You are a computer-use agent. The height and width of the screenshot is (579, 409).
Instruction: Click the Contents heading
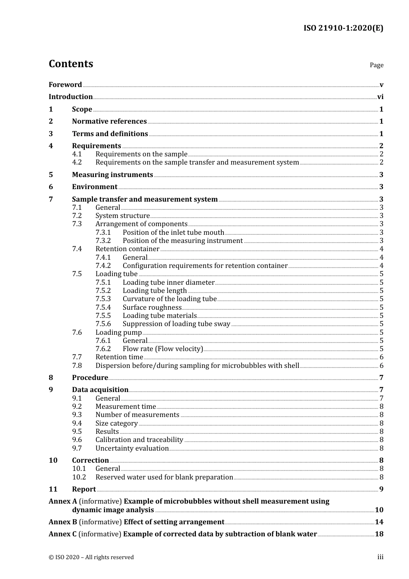tap(71, 64)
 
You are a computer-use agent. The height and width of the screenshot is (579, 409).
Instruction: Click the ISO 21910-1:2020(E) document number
tap(343, 28)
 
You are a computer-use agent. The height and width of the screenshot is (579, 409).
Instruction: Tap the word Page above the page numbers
tap(376, 65)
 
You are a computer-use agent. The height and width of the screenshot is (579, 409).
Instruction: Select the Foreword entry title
tap(65, 85)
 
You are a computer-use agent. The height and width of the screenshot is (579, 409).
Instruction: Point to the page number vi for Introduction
tap(380, 97)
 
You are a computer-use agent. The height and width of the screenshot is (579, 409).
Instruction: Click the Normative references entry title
tap(109, 121)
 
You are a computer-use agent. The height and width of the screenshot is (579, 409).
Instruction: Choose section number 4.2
tap(77, 162)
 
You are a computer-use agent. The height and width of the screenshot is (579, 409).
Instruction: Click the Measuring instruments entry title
tap(112, 175)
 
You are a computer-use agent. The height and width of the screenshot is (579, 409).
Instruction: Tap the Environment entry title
tap(95, 187)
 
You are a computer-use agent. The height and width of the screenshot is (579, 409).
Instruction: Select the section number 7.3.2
tap(103, 241)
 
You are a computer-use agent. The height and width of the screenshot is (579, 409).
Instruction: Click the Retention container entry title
tap(127, 249)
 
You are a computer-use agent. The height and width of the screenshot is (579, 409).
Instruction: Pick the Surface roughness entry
tap(152, 308)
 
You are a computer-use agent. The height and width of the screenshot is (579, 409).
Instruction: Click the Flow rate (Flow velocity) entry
tap(163, 349)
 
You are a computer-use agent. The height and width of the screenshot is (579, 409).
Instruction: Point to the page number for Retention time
tap(381, 357)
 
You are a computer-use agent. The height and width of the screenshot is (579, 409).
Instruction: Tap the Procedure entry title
tap(90, 378)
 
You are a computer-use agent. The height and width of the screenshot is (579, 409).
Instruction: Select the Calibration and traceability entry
tap(139, 440)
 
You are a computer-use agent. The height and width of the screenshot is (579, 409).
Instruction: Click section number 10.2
tap(79, 477)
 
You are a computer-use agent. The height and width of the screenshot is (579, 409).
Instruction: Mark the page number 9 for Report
tap(381, 489)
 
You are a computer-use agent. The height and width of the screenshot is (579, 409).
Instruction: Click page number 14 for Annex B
tap(379, 522)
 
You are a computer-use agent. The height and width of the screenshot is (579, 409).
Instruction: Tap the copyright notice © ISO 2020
tap(91, 557)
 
